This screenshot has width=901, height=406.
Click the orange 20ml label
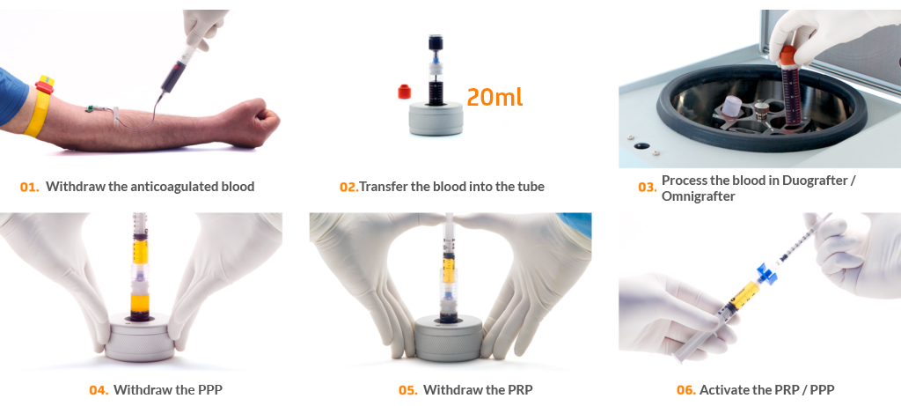pyautogui.click(x=494, y=97)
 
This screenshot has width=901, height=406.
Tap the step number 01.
pyautogui.click(x=29, y=187)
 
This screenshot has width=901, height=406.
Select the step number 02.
pyautogui.click(x=348, y=187)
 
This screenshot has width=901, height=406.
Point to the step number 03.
pyautogui.click(x=647, y=188)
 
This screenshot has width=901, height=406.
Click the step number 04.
pyautogui.click(x=99, y=390)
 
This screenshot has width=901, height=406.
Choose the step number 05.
pyautogui.click(x=408, y=390)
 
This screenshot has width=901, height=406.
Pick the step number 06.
pyautogui.click(x=686, y=390)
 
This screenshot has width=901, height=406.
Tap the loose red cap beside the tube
pyautogui.click(x=405, y=92)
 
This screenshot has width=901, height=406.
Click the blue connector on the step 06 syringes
pyautogui.click(x=766, y=272)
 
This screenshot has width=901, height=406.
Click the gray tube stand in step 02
pyautogui.click(x=436, y=118)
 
